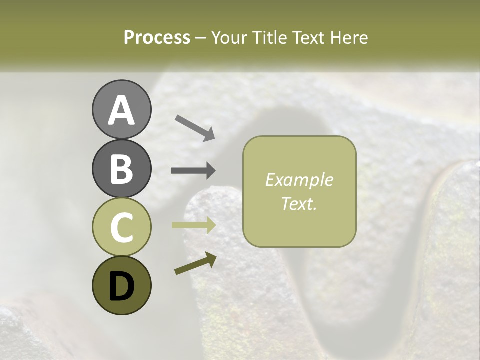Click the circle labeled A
[x=121, y=109]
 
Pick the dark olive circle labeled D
[x=121, y=285]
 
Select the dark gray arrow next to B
[x=193, y=171]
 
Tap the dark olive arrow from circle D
[x=195, y=263]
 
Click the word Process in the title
[x=157, y=38]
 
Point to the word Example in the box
[x=299, y=180]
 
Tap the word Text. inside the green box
[x=299, y=203]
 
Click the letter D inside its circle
[x=121, y=286]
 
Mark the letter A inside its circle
[x=121, y=110]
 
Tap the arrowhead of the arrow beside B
[x=210, y=171]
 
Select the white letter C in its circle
[x=121, y=228]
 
